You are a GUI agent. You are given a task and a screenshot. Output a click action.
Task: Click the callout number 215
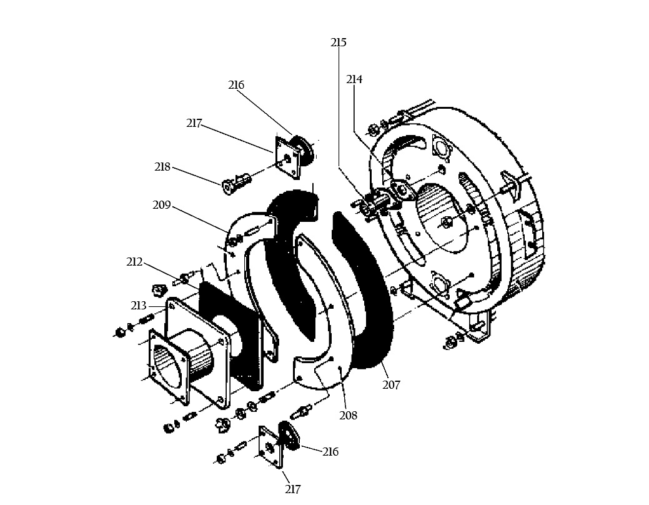(338, 42)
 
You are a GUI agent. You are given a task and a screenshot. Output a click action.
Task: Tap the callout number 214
(354, 79)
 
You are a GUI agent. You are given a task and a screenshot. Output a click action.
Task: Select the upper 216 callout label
(236, 85)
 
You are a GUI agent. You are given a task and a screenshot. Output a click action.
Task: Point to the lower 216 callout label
(330, 451)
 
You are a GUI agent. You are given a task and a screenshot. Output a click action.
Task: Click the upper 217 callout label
(194, 124)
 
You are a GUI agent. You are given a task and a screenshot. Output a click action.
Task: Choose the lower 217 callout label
(292, 489)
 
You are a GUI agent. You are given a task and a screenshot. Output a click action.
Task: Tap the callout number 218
(162, 167)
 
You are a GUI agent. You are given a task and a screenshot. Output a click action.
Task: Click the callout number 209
(161, 205)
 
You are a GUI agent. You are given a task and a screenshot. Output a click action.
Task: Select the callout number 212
(134, 262)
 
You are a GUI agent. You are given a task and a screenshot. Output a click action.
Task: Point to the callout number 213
(138, 306)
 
